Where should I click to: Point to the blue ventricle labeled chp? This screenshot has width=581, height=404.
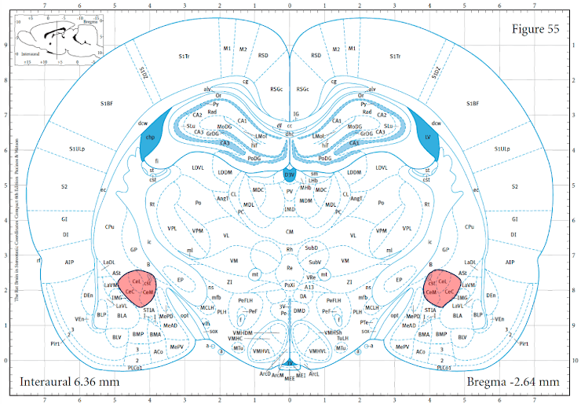pos(149,136)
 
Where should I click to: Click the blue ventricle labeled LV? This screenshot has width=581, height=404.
pos(428,136)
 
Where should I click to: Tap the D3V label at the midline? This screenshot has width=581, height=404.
pos(290,174)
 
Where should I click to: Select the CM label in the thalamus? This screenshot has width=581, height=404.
pos(290,232)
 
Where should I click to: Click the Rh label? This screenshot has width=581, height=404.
pos(290,250)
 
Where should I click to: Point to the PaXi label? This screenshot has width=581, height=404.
pos(290,285)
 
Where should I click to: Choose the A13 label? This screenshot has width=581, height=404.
pos(309,288)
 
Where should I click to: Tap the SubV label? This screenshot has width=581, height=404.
pos(315,262)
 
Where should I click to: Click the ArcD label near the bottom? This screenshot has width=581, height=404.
pos(265,374)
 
